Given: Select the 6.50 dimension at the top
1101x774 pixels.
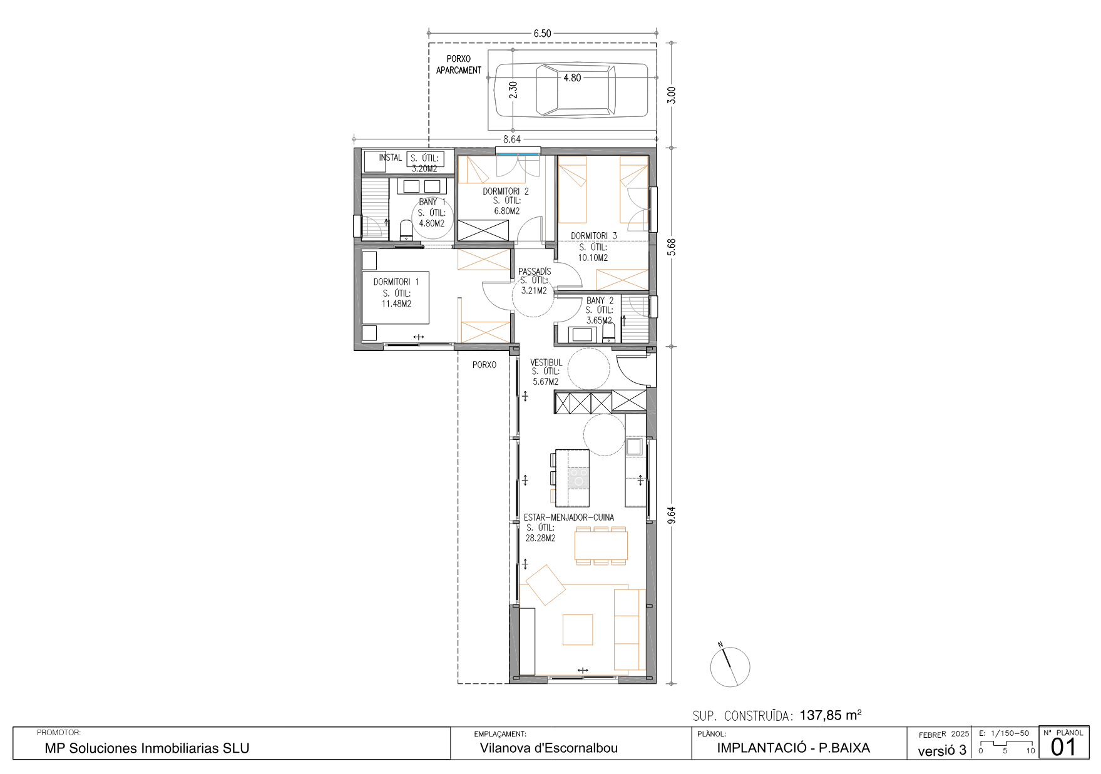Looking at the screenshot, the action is point(542,34).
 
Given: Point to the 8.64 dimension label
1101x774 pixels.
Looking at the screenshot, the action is point(512,140).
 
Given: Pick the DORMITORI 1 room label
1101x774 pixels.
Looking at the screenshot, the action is point(396,282).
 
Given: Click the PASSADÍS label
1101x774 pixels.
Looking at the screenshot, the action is point(535,271).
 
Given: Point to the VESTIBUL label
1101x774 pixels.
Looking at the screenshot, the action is point(546,362).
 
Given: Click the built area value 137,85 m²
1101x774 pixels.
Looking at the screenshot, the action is point(831,715).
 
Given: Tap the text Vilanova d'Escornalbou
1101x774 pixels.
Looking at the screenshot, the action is point(549,748).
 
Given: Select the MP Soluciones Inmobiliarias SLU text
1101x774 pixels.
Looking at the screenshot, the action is point(147,748).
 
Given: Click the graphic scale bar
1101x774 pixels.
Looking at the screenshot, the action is point(1005,746).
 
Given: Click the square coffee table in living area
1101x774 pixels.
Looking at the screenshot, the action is point(578,629).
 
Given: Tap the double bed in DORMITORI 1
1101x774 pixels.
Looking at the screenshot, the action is point(396,297).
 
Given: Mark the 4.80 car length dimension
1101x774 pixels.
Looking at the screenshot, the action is point(572,78).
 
